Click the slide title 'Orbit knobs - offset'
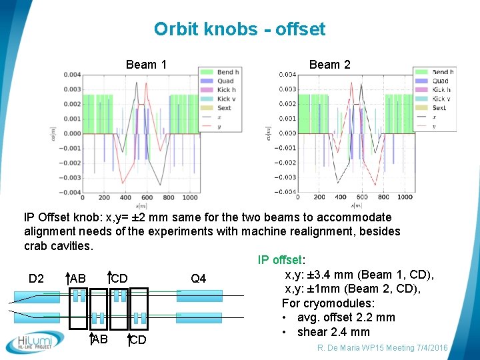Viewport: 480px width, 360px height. point(239,29)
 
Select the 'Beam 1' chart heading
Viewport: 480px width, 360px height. point(146,65)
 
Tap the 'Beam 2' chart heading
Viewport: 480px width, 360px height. point(329,65)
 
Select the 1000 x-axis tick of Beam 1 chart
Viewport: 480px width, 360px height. point(189,198)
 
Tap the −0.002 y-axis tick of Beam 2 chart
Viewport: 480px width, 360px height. point(287,163)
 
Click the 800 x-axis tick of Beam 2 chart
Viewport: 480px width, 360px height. point(383,197)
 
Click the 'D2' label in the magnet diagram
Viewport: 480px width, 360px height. point(37,278)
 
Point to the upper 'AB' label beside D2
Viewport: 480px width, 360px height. point(78,278)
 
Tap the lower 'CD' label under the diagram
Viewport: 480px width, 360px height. point(137,341)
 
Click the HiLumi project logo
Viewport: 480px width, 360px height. point(35,342)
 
